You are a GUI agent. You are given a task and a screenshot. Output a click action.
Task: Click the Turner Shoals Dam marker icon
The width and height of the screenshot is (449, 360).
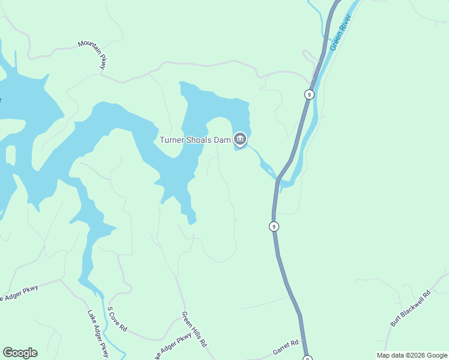click(240, 140)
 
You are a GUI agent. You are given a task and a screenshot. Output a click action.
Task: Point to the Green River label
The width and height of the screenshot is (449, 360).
click(340, 32)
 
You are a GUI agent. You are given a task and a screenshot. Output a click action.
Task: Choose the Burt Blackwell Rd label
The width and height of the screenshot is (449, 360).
click(411, 308)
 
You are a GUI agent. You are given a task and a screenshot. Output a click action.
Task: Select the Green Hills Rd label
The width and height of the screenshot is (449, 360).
click(194, 329)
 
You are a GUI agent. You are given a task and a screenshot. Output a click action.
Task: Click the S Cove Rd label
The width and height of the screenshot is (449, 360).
click(117, 319)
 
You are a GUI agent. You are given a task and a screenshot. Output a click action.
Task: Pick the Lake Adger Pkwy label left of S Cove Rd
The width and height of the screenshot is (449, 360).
click(97, 334)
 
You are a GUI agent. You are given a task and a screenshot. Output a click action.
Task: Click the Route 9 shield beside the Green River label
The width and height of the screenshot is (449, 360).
click(309, 94)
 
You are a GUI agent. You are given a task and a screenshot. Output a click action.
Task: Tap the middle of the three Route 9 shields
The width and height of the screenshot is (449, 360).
click(274, 226)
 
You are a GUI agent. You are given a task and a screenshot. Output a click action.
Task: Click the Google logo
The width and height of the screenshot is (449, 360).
click(20, 353)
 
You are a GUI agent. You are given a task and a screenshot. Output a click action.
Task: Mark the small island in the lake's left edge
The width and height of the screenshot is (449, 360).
click(10, 155)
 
